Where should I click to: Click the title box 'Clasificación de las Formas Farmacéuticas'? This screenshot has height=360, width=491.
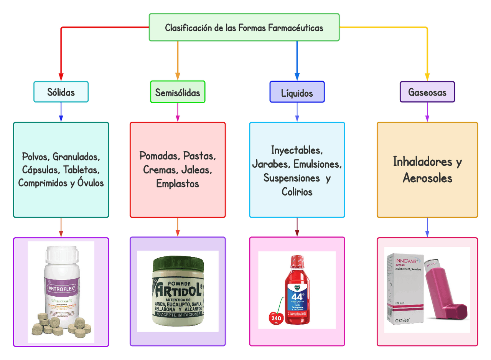(x=244, y=28)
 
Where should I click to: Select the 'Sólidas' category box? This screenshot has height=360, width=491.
(x=61, y=92)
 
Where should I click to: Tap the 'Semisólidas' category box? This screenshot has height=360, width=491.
(x=178, y=92)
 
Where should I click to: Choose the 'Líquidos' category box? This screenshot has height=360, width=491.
(x=297, y=93)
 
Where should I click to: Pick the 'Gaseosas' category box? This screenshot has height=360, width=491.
(x=427, y=92)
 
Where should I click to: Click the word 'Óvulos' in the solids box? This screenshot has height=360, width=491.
(x=91, y=183)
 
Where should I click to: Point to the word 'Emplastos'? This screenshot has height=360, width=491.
(x=178, y=184)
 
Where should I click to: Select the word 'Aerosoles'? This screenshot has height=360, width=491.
(x=427, y=178)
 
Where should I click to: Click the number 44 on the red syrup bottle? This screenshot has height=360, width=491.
(x=297, y=297)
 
